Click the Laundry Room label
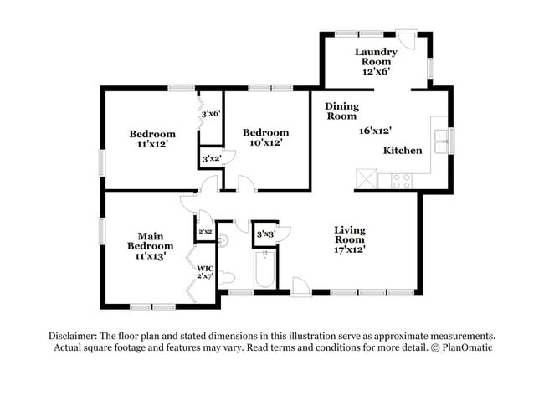tap(376, 61)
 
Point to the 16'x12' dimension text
tap(376, 131)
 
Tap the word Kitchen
tap(403, 151)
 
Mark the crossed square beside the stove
tap(366, 178)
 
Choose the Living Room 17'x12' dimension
tap(350, 249)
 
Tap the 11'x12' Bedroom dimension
tap(152, 144)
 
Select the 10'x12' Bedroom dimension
tap(265, 143)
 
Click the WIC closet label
tap(204, 271)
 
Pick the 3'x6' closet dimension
tap(210, 113)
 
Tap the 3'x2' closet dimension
tap(210, 157)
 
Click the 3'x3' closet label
tap(265, 234)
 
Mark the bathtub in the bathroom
tap(264, 270)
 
